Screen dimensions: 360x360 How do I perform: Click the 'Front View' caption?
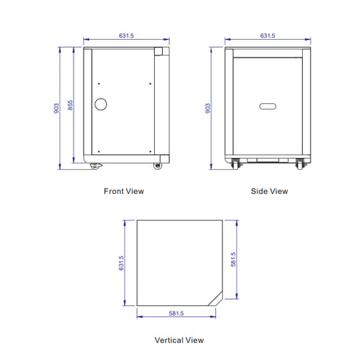click(x=124, y=191)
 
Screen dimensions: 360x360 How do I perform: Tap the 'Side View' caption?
click(x=269, y=191)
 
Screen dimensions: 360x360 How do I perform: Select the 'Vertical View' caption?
click(x=179, y=340)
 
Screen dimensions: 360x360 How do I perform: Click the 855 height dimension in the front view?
click(x=70, y=106)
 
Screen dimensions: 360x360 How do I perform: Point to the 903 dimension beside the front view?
click(x=56, y=108)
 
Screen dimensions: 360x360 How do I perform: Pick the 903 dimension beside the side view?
click(x=207, y=108)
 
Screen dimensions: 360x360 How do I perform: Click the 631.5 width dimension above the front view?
click(x=126, y=36)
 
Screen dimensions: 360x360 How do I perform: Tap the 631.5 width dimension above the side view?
click(x=268, y=36)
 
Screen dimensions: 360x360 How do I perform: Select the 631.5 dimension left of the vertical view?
click(x=121, y=263)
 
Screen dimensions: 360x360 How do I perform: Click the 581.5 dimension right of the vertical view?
click(x=233, y=259)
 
